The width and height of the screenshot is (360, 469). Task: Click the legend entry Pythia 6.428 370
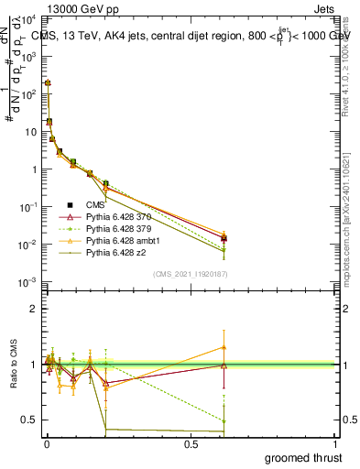pos(118,217)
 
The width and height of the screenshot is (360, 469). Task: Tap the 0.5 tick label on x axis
pos(191,444)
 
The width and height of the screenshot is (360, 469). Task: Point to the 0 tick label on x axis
pos(47,444)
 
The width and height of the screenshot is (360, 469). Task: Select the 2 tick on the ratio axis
pos(35,309)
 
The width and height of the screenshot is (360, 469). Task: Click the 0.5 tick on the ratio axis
pos(30,420)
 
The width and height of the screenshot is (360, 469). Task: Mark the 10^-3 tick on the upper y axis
pos(27,281)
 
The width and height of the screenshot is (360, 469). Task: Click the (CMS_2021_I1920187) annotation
pos(191,273)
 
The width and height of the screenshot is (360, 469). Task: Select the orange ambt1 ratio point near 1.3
pos(224,346)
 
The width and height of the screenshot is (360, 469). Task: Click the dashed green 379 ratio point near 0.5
pos(224,420)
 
